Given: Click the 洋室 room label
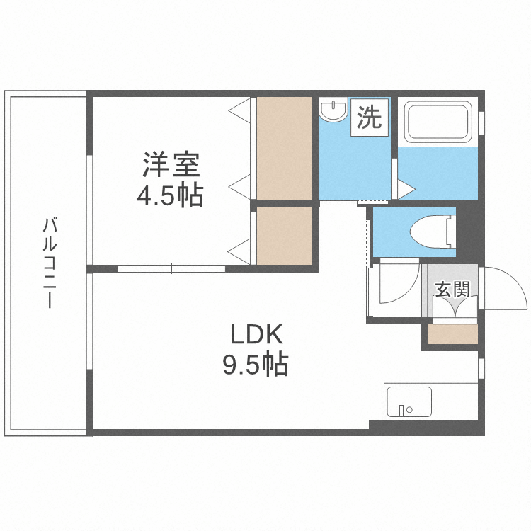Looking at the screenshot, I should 171,166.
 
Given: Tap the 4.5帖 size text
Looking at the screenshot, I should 170,195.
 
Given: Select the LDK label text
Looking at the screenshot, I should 256,334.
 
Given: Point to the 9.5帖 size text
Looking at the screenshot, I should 256,365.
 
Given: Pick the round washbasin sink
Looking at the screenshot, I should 331,111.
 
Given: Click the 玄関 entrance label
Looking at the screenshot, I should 452,289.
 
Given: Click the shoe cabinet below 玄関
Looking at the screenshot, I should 453,333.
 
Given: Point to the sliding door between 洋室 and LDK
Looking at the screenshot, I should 171,268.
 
